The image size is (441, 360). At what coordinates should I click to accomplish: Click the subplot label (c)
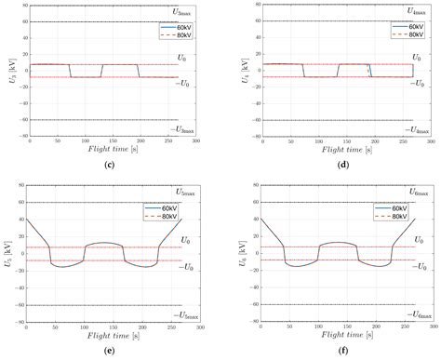111,165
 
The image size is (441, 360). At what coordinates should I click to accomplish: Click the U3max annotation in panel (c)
183,11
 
